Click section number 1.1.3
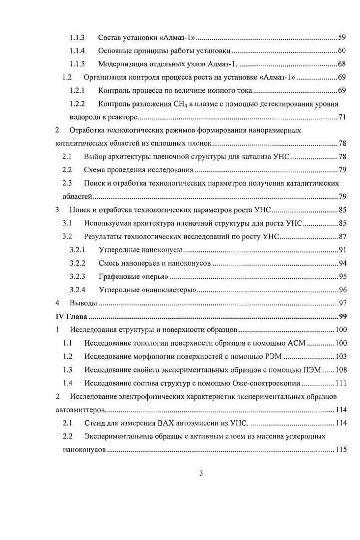pos(77,37)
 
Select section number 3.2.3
pos(77,276)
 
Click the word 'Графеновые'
pos(118,276)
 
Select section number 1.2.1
pos(77,90)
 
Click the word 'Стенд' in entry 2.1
pos(94,423)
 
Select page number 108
pos(340,370)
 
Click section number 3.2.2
pos(77,263)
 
